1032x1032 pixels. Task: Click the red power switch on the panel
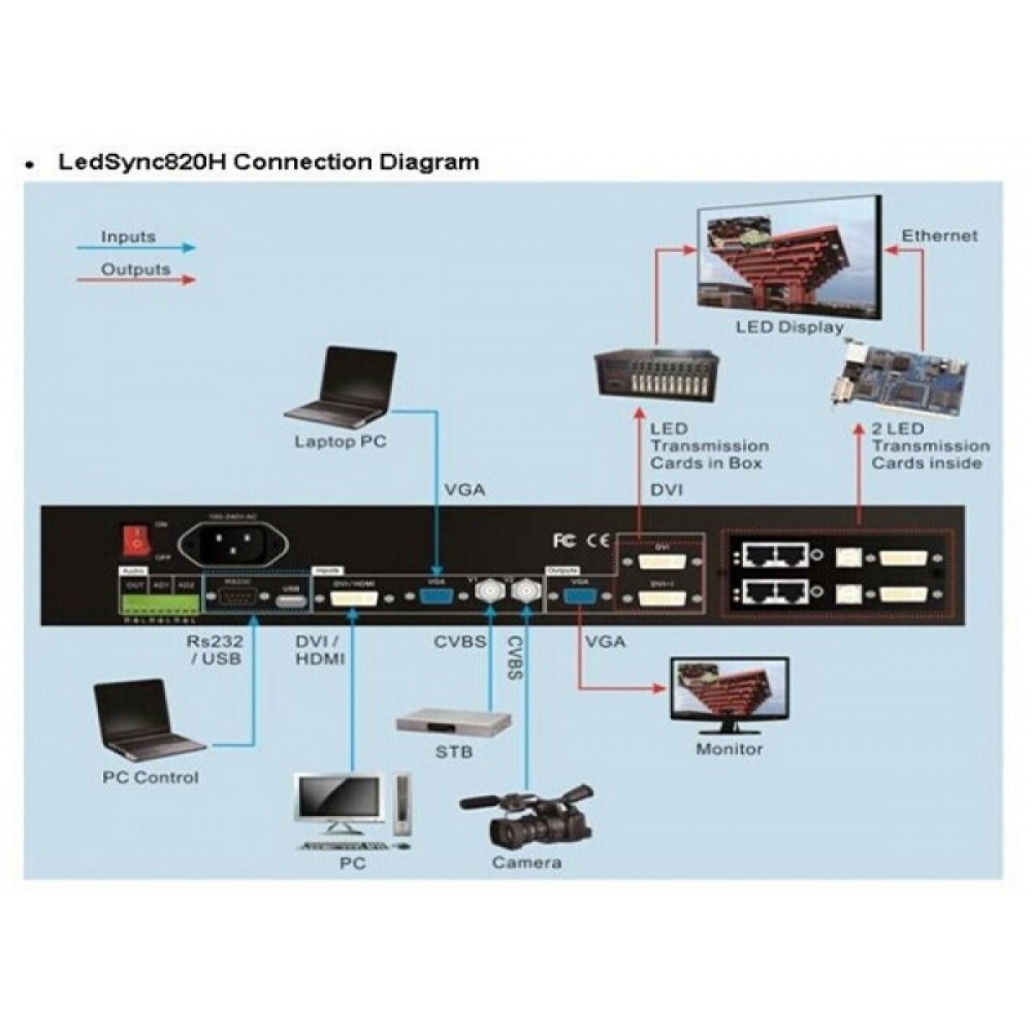click(x=135, y=540)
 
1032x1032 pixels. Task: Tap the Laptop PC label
click(x=341, y=442)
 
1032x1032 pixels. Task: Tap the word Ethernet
click(x=939, y=235)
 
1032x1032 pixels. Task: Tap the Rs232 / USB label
click(x=214, y=650)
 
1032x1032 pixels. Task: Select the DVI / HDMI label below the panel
click(x=319, y=650)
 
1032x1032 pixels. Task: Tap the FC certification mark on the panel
click(x=563, y=541)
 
